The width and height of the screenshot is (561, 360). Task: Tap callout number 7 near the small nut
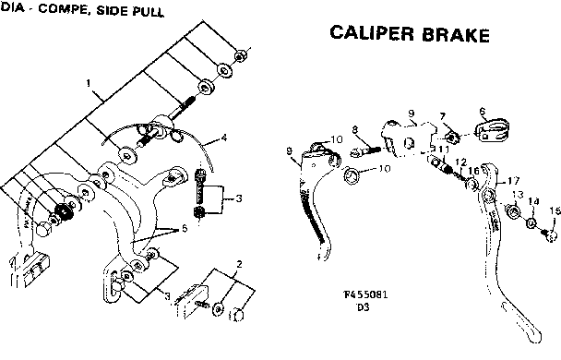point(442,116)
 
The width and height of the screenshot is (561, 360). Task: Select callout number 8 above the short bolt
point(354,129)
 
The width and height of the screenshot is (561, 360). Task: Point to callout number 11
point(444,150)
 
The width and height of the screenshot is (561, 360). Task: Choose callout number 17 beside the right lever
point(514,182)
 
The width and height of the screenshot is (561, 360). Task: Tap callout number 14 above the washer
point(534,200)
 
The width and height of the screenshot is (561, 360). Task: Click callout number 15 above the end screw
point(554,211)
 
